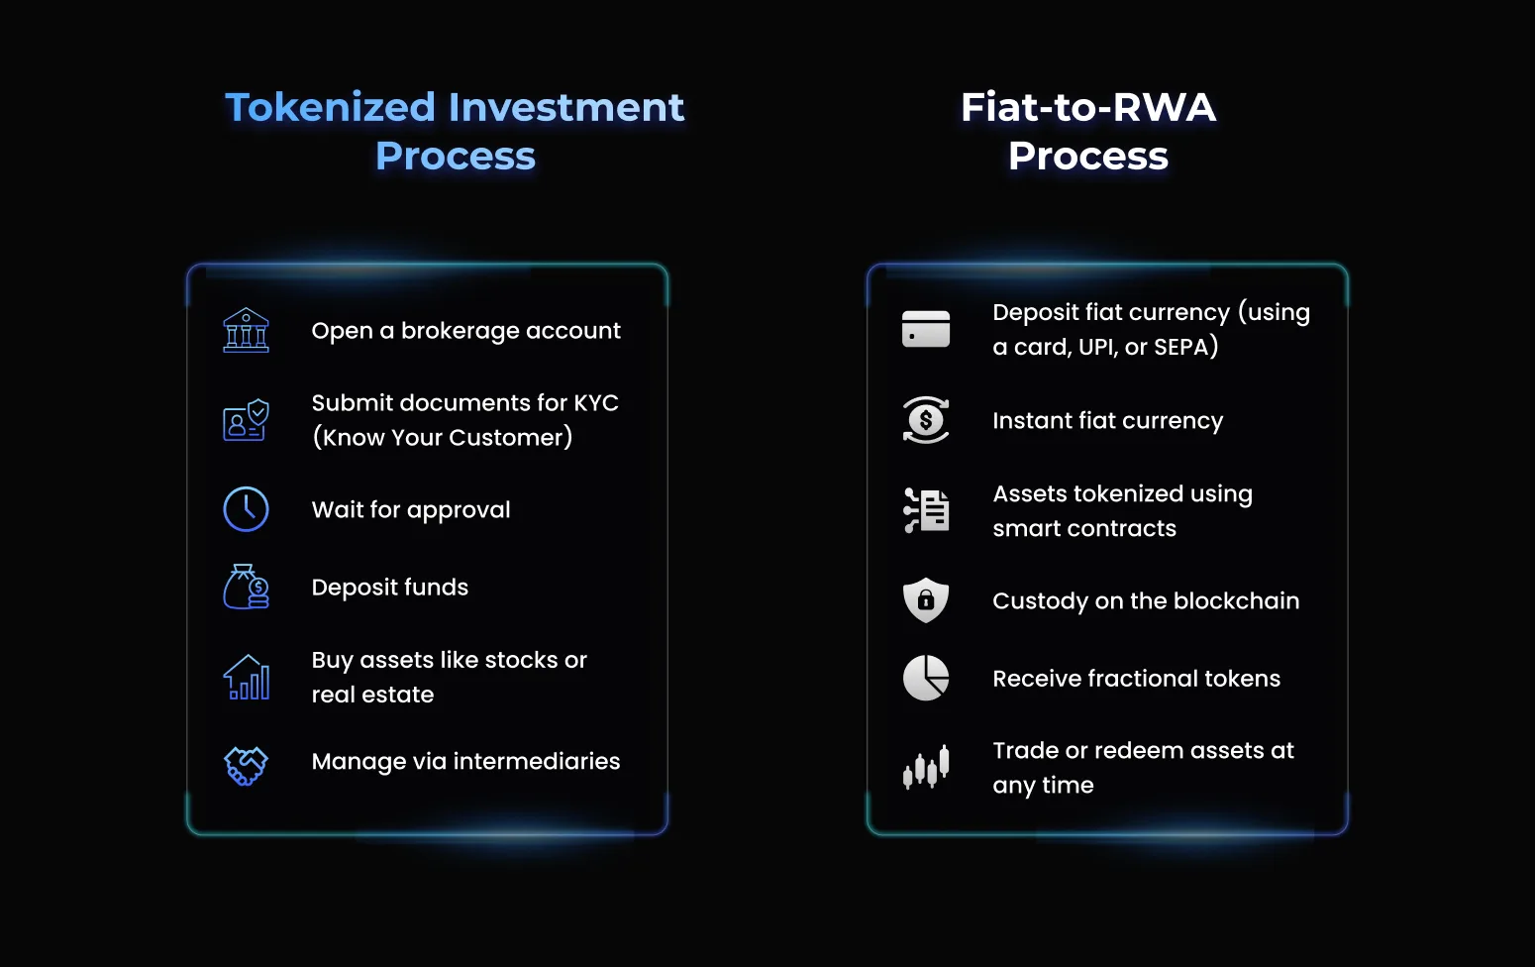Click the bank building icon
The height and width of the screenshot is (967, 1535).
[x=246, y=330]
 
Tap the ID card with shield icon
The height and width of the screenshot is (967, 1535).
[x=246, y=420]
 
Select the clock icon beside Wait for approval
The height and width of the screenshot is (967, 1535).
[x=246, y=509]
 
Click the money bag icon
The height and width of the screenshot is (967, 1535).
[x=246, y=587]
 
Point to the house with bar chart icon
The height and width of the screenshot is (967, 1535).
[x=246, y=677]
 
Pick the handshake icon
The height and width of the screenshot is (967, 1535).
[x=246, y=765]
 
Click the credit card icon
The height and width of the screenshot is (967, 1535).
[x=926, y=329]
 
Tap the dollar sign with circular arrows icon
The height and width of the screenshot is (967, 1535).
[x=926, y=420]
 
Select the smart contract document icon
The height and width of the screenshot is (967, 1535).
[x=926, y=510]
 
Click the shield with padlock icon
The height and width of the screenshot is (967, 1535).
[x=926, y=600]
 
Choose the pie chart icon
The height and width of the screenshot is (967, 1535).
[x=926, y=678]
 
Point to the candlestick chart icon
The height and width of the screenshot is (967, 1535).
[x=926, y=767]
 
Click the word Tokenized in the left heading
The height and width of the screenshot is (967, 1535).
[x=331, y=108]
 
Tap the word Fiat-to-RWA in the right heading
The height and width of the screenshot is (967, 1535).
[x=1088, y=108]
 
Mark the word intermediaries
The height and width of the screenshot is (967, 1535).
[x=537, y=761]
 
